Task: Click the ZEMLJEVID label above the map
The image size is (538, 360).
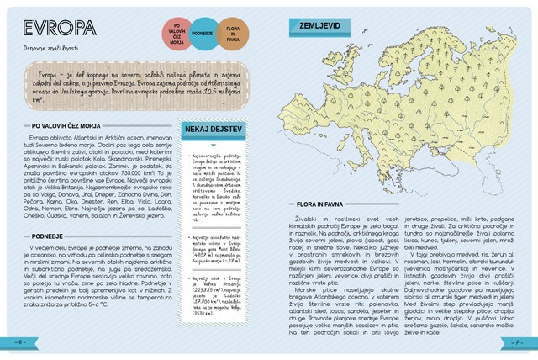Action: (321, 25)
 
